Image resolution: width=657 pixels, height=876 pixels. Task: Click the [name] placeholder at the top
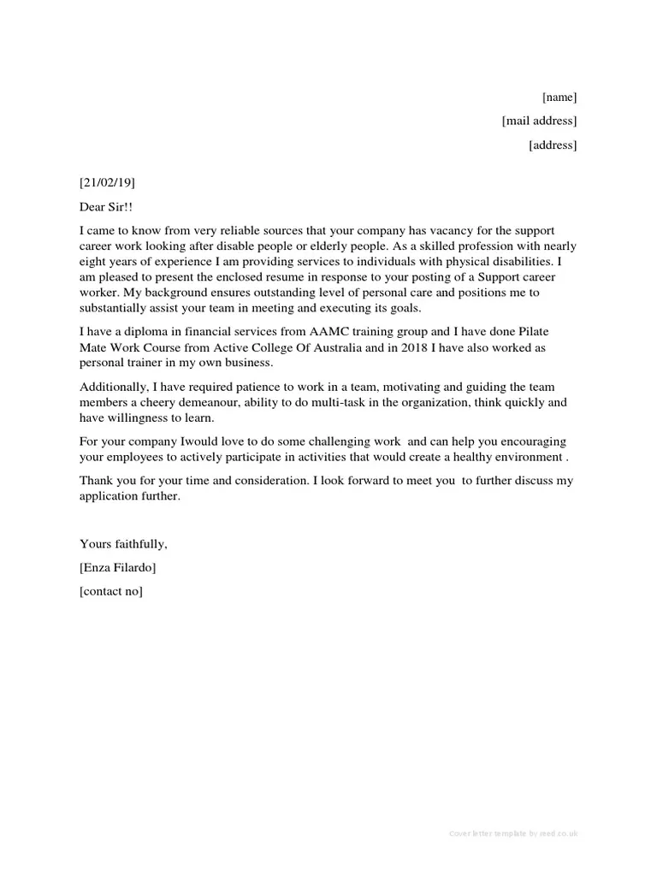click(559, 97)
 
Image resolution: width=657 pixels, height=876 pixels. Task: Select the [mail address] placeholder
click(539, 121)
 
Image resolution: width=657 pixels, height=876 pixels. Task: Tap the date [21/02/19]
click(107, 182)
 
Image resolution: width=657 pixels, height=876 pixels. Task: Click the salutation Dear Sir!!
click(106, 207)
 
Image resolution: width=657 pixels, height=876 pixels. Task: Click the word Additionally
click(115, 386)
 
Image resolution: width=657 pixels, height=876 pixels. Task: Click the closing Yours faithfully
click(123, 544)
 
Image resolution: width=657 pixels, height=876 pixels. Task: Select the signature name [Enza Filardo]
click(118, 567)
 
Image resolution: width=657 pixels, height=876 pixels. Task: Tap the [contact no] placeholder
click(111, 591)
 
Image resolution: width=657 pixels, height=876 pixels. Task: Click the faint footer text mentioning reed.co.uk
click(513, 833)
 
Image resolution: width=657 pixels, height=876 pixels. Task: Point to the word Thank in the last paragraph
click(97, 482)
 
